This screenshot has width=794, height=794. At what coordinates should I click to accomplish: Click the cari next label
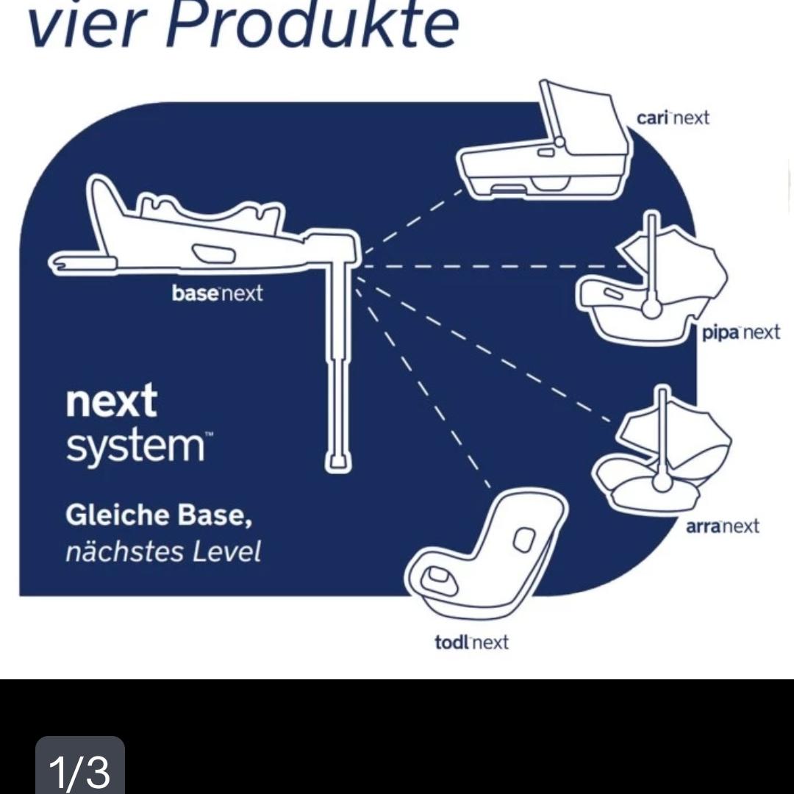click(673, 118)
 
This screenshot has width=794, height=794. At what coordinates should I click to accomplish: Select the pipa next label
click(740, 333)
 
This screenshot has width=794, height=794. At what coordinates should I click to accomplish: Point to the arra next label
click(722, 526)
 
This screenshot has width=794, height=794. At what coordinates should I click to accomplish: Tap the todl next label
click(471, 642)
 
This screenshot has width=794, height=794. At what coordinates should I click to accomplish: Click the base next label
click(217, 293)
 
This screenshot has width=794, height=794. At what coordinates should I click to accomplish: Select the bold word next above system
click(112, 401)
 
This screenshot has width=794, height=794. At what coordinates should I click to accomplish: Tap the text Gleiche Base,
click(159, 515)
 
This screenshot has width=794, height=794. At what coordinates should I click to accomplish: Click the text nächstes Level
click(163, 551)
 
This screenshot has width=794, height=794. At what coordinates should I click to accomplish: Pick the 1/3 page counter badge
click(80, 765)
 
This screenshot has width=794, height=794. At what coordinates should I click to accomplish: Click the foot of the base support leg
click(337, 461)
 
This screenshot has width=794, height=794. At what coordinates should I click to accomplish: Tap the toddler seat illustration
click(486, 553)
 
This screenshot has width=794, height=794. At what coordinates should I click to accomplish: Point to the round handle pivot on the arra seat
click(662, 481)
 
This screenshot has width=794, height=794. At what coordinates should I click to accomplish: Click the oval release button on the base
click(214, 253)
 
